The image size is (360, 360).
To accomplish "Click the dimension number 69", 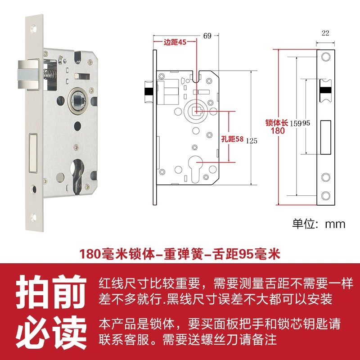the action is pyautogui.click(x=207, y=36).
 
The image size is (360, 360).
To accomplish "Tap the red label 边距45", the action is pyautogui.click(x=175, y=42).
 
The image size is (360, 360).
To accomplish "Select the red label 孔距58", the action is pyautogui.click(x=232, y=139).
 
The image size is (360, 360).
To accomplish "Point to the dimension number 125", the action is pyautogui.click(x=252, y=141).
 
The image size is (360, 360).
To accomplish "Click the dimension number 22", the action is pyautogui.click(x=325, y=33).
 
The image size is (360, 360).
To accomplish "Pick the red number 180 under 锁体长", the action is pyautogui.click(x=278, y=131).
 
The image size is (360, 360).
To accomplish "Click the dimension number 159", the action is pyautogui.click(x=296, y=123).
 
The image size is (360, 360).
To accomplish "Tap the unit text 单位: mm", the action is pyautogui.click(x=319, y=224).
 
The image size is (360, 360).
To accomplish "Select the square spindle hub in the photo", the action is pyautogui.click(x=78, y=100).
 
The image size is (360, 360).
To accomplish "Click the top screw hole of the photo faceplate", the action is pyautogui.click(x=33, y=29).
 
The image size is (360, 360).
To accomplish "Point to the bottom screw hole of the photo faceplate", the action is pyautogui.click(x=33, y=217).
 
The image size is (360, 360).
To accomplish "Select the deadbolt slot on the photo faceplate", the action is pyautogui.click(x=33, y=153).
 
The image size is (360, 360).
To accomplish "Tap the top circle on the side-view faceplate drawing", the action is pyautogui.click(x=325, y=57).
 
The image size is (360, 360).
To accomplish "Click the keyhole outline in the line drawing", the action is pyautogui.click(x=196, y=169).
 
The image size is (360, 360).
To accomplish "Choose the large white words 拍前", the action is pyautogui.click(x=51, y=292).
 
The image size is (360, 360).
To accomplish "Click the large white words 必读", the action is pyautogui.click(x=51, y=332).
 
